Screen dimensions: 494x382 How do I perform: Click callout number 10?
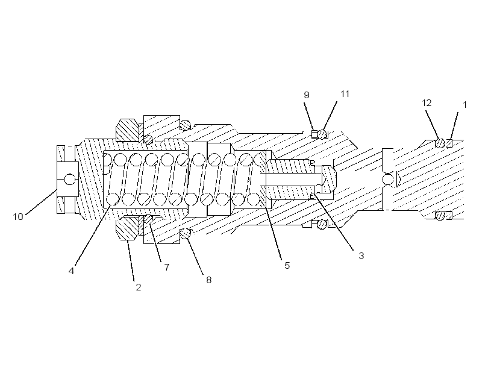(18, 217)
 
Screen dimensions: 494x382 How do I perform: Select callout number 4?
(72, 271)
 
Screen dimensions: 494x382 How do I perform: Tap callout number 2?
(139, 287)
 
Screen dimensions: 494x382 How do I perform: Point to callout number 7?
(167, 268)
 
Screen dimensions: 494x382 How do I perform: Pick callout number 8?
(209, 280)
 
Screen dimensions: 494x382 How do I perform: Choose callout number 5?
(287, 266)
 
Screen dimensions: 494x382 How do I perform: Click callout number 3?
(361, 256)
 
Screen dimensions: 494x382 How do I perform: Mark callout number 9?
(307, 95)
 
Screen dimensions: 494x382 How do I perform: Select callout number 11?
(345, 94)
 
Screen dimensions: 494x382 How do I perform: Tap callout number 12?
(427, 103)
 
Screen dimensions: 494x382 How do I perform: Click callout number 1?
(464, 105)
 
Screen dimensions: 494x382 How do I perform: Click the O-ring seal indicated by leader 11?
(322, 134)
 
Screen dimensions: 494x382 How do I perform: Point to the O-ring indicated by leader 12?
(440, 143)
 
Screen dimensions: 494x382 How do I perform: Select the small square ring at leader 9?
(314, 134)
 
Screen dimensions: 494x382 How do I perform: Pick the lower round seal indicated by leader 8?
(186, 234)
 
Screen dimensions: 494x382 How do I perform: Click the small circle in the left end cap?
(70, 180)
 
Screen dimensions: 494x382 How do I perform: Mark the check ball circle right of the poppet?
(388, 180)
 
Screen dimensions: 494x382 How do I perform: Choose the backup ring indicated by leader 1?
(449, 143)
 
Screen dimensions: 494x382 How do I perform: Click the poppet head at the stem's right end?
(328, 179)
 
